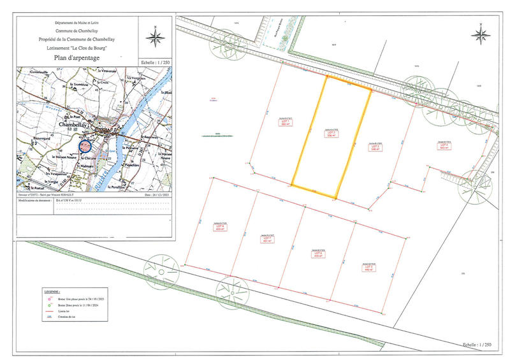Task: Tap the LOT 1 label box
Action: pyautogui.click(x=286, y=123)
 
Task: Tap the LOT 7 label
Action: pyautogui.click(x=266, y=240)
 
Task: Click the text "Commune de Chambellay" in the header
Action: pyautogui.click(x=76, y=31)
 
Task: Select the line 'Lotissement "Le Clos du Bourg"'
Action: pyautogui.click(x=76, y=47)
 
